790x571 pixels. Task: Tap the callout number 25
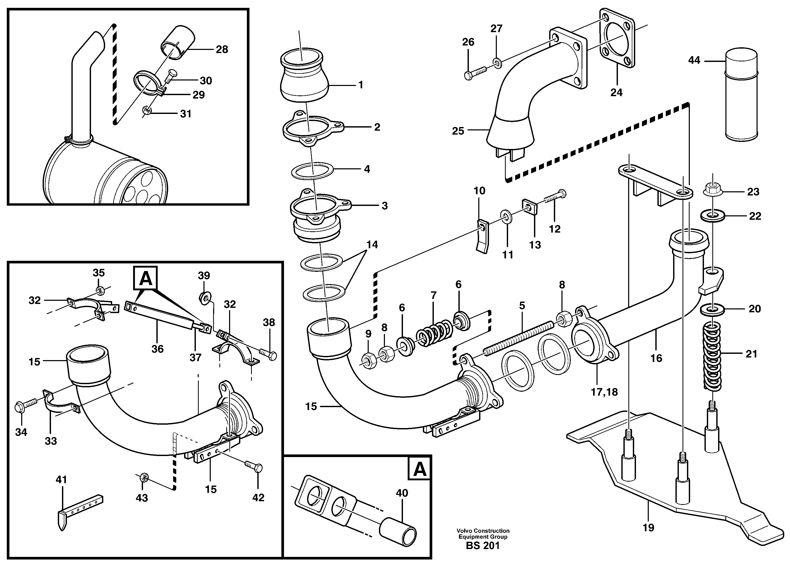(x=458, y=131)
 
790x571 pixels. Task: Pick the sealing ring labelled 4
(x=312, y=170)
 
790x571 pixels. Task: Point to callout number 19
(x=648, y=528)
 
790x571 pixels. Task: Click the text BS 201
(x=483, y=546)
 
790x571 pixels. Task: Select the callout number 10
(x=479, y=191)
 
